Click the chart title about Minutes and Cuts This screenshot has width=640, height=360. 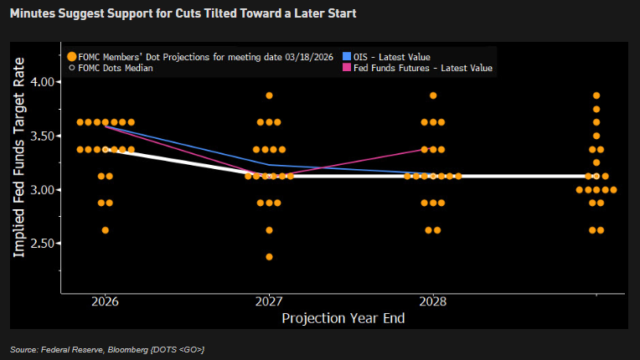pos(173,14)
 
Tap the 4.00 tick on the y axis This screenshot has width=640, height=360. pos(39,81)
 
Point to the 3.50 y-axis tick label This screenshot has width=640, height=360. pos(39,136)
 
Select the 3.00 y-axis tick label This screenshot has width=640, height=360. pos(39,190)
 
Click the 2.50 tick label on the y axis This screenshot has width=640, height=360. pos(39,244)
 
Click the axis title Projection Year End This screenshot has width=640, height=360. pos(343,318)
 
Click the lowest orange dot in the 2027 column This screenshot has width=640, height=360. pos(269,257)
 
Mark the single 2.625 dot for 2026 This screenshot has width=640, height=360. pos(106,230)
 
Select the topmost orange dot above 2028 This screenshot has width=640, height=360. pos(433,95)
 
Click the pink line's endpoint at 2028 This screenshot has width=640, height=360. pos(432,149)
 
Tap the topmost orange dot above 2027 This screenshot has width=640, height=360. pos(269,95)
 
